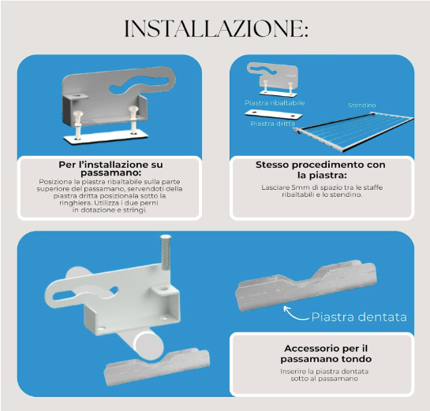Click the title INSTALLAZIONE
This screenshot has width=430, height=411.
[x=216, y=28]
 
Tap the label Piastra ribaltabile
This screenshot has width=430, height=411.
[x=275, y=103]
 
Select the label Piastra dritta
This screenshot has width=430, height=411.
[x=272, y=124]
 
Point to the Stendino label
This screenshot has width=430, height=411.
[x=361, y=106]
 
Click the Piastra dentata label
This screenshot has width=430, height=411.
[x=359, y=317]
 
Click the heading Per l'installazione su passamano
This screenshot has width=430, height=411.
[x=110, y=168]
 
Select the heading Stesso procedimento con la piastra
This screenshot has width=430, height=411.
[x=320, y=169]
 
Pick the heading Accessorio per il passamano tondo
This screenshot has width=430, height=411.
[x=326, y=354]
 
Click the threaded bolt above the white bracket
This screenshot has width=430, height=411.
[x=165, y=252]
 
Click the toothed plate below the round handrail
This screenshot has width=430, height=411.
[x=157, y=366]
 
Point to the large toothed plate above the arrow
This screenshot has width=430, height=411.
[x=306, y=285]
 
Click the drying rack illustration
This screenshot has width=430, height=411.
[x=353, y=131]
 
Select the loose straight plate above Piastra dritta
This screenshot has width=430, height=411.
[x=273, y=114]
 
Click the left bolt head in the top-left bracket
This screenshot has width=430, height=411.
[x=77, y=113]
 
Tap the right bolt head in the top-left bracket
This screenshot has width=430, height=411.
[x=133, y=109]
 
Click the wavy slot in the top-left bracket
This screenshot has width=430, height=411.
[x=139, y=83]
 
